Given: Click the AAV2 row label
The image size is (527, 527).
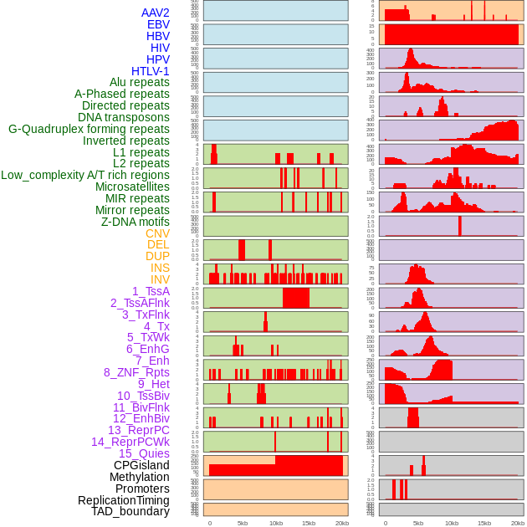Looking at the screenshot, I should coord(156,13).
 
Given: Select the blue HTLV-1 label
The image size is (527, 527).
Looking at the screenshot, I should coord(151,71).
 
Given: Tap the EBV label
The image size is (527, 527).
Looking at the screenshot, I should coord(158,25).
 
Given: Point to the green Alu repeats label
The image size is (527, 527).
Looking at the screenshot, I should coord(140,83).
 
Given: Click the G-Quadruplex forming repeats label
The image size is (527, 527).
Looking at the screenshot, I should coord(89,130).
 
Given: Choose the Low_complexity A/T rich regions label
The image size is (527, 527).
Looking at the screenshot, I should coord(85,176).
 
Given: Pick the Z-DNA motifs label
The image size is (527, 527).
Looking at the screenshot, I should coord(136,222).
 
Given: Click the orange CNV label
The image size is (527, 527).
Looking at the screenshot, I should coord(157,233).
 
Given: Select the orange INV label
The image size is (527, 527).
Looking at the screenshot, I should coord(160,279).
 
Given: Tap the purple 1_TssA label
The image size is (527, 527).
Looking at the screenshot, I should coord(151,291).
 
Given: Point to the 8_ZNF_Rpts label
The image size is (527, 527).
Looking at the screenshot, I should coord(136,372).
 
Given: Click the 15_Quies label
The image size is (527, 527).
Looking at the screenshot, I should coord(144,453).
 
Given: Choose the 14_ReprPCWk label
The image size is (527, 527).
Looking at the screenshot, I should coord(130,442).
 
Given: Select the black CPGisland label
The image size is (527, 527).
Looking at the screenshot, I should coord(141,465).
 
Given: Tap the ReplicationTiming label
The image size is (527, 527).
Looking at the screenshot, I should coord(124,500).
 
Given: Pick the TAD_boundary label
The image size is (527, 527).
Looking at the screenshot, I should coord(130,511).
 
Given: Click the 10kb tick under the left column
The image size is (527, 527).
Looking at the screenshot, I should coord(276,523).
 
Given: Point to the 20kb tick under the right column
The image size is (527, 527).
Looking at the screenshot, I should coord(518,523).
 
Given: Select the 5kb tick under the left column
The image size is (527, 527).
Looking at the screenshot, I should coord(243,523).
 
